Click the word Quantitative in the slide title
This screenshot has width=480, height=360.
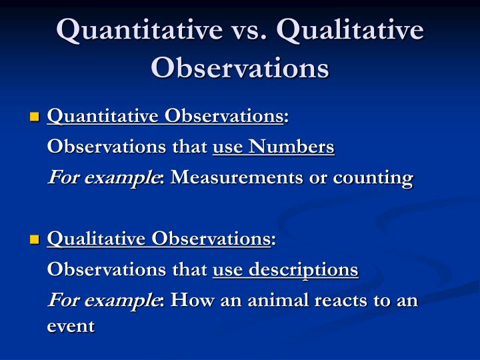coord(139,30)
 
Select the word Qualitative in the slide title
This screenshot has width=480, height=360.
coord(350,30)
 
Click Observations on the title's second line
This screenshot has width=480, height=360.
coord(240,67)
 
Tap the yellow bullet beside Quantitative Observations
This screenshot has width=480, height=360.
coord(35,117)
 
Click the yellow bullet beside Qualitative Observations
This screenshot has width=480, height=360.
coord(35,239)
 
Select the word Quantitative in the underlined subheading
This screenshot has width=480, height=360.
coord(103,116)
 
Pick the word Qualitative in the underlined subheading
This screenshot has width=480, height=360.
coord(96,239)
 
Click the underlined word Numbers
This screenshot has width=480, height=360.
coord(291,147)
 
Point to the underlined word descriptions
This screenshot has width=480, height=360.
coord(303,270)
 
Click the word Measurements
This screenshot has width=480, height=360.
coord(237,177)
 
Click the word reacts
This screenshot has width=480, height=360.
coord(341,301)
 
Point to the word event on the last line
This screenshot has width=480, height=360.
coord(71,326)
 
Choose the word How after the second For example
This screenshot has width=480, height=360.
coord(192,300)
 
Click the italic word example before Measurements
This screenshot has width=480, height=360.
coord(121,178)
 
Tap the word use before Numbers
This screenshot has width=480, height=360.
coord(227,147)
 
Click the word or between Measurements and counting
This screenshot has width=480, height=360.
coord(318,179)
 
